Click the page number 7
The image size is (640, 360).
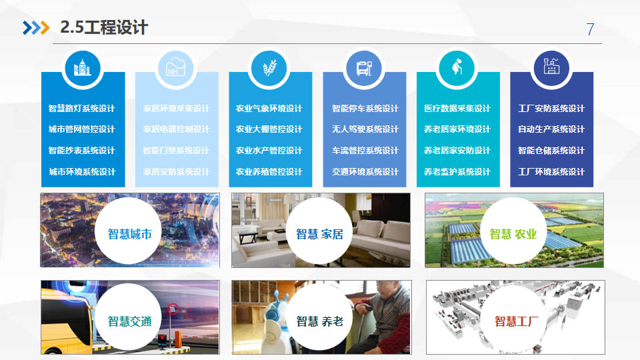[590, 29]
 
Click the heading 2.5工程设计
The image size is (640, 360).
[104, 27]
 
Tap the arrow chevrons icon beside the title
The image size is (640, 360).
[36, 27]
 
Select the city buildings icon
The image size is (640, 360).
[82, 68]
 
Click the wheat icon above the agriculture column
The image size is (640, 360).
[269, 68]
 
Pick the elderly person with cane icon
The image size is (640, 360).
[457, 67]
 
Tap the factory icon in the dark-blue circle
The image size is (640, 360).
[551, 67]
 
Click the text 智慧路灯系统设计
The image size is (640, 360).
[81, 109]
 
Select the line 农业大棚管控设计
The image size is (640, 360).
[269, 129]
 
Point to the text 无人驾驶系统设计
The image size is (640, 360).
[365, 129]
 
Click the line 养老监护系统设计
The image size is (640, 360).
[457, 172]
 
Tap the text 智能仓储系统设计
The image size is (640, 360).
[551, 151]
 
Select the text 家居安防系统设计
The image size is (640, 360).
[176, 172]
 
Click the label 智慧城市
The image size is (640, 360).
[130, 234]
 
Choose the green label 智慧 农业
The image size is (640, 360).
[513, 234]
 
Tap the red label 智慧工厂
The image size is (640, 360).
[517, 321]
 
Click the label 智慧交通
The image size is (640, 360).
[130, 321]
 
